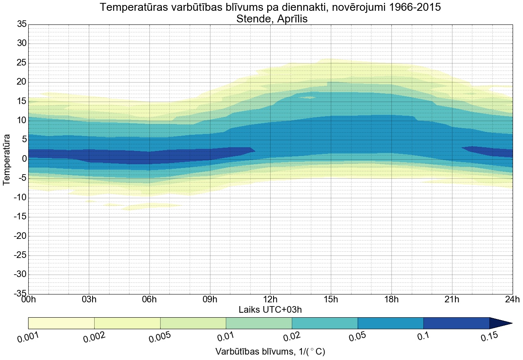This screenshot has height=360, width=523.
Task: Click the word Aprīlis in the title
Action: tap(290, 19)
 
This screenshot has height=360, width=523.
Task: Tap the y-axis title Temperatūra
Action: tap(7, 159)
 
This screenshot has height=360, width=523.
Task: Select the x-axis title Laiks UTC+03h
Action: tap(270, 309)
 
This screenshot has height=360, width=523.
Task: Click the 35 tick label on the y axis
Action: tap(22, 24)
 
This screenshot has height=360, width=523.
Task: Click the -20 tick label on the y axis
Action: tap(20, 236)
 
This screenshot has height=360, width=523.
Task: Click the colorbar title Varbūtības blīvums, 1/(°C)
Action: tap(270, 352)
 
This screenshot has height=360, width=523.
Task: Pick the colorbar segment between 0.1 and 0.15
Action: tap(456, 323)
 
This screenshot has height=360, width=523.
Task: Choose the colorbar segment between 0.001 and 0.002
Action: tap(61, 323)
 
